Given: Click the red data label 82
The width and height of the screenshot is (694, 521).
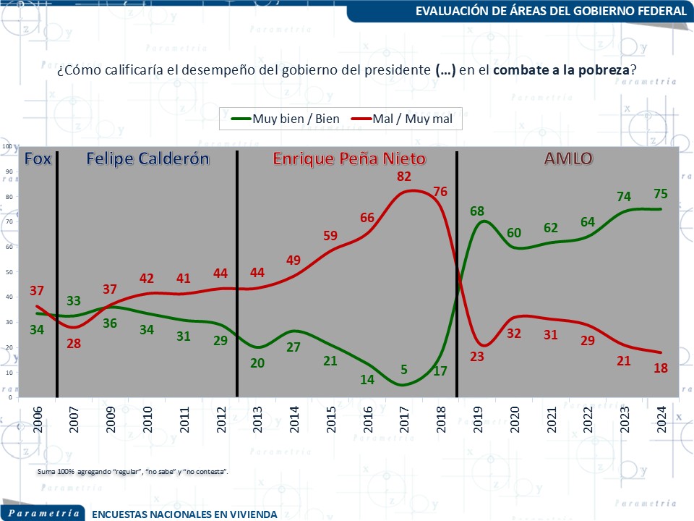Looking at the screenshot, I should click(405, 177).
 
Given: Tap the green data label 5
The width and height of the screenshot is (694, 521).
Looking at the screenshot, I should click(404, 370).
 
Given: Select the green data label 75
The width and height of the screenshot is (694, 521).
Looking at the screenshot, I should click(660, 194).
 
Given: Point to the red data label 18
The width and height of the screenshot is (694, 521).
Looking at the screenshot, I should click(660, 368).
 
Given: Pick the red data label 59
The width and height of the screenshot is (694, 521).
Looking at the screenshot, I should click(330, 236).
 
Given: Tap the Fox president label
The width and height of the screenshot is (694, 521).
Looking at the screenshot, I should click(38, 158).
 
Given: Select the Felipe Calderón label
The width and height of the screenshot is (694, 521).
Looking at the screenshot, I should click(148, 158).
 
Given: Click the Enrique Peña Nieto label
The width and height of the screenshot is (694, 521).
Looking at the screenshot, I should click(349, 158).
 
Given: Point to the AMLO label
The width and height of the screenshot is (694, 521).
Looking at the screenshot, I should click(568, 158).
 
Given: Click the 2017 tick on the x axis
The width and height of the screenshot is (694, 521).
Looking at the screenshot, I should click(405, 418).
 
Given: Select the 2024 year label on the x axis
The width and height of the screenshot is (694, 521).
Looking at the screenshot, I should click(661, 418).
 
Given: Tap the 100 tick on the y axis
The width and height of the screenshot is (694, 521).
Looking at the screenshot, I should click(8, 146).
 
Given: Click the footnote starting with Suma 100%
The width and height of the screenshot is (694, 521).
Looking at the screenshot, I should click(132, 472).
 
